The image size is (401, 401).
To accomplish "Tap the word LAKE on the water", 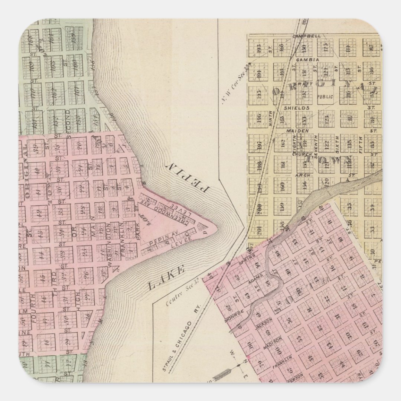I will [167, 279].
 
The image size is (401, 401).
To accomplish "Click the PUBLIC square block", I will [325, 97].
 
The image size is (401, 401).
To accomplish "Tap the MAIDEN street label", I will [297, 131].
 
